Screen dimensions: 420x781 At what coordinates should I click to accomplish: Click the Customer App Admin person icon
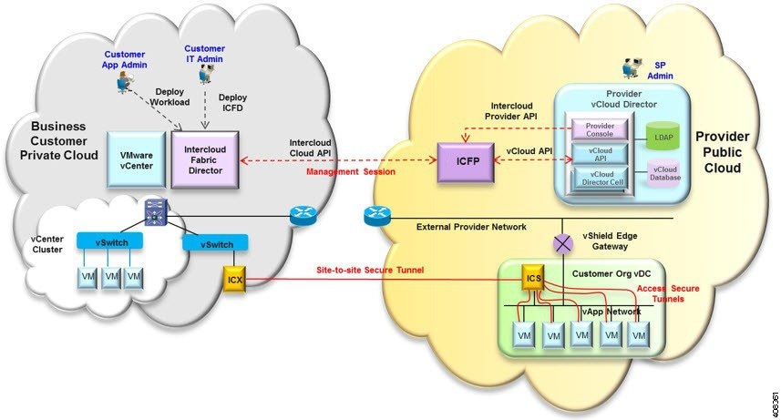(x=121, y=83)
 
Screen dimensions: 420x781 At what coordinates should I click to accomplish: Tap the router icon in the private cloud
(x=301, y=216)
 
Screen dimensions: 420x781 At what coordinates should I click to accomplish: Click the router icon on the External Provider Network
(x=377, y=216)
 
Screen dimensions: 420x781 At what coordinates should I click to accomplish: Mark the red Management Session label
(x=344, y=170)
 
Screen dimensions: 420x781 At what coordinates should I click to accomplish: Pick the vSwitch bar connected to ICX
(x=211, y=244)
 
